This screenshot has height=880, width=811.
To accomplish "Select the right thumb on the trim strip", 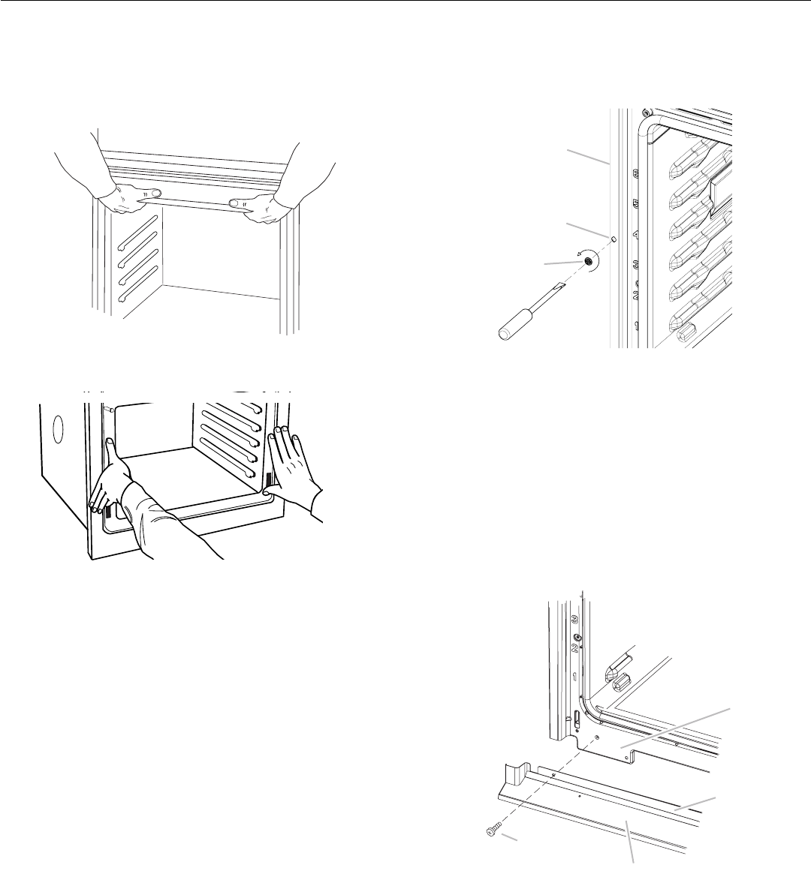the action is (x=236, y=203).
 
